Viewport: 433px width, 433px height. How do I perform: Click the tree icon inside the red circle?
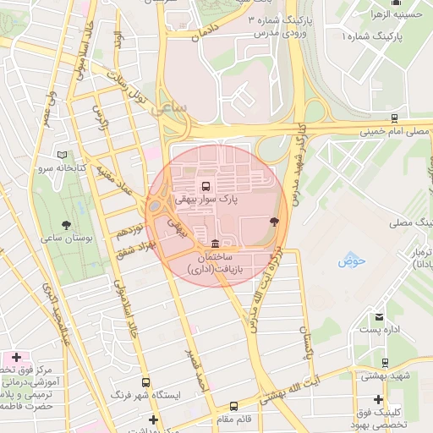pyautogui.click(x=274, y=221)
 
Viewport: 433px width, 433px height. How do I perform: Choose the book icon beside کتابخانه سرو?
pyautogui.click(x=61, y=156)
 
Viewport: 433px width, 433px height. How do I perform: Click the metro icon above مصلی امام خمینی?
pyautogui.click(x=394, y=118)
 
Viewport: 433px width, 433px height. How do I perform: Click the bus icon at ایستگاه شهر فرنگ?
pyautogui.click(x=146, y=382)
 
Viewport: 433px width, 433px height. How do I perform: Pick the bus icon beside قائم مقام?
pyautogui.click(x=234, y=406)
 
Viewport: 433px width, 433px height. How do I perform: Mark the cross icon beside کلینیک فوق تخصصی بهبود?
pyautogui.click(x=378, y=399)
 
